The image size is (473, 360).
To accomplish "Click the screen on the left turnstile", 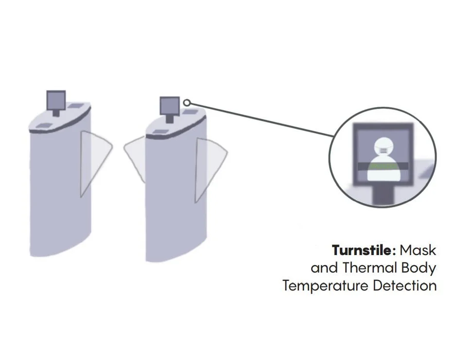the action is (56, 100).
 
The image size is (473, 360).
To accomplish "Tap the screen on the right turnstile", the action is (170, 105).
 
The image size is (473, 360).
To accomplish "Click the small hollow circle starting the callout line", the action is (187, 103).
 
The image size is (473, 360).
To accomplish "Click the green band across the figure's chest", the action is (383, 166).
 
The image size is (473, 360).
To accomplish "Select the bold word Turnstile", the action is (362, 251).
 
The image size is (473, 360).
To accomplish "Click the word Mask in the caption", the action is (418, 251).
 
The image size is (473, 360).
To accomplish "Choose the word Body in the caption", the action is (419, 268).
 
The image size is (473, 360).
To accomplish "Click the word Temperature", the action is (325, 285).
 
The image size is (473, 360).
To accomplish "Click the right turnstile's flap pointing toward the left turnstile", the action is (136, 158).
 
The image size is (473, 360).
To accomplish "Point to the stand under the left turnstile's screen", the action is (56, 113).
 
